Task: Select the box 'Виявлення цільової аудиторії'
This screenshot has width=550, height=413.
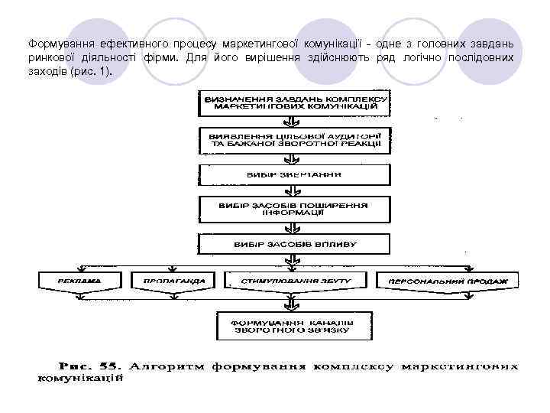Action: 295,140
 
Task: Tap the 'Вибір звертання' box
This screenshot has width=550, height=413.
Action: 294,174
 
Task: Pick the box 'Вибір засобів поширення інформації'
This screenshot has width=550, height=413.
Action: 295,209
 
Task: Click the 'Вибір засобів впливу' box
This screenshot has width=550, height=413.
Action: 294,245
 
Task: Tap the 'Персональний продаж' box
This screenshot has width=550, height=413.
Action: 448,281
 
